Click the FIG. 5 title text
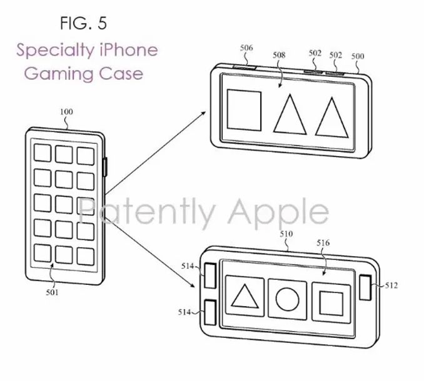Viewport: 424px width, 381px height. click(x=83, y=24)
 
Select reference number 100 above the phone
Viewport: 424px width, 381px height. click(x=66, y=112)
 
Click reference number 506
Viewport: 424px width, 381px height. click(x=246, y=47)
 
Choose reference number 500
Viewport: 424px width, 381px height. click(x=357, y=56)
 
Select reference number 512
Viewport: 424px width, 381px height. click(x=391, y=285)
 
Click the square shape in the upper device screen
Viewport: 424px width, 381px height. click(x=244, y=110)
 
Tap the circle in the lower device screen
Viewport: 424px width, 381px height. click(x=288, y=298)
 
